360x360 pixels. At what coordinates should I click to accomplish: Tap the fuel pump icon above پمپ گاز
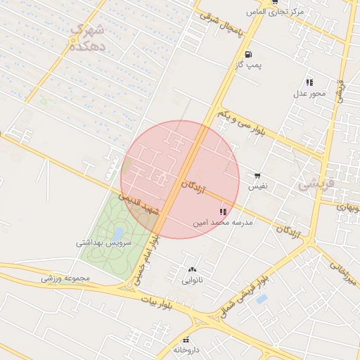tap(248, 54)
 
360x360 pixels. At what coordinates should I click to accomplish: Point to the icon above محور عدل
tap(309, 83)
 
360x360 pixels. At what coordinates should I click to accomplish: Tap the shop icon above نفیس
tap(258, 176)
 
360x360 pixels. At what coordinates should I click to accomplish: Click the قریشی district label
tap(314, 183)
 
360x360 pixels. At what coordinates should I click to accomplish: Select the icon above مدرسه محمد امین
tap(223, 212)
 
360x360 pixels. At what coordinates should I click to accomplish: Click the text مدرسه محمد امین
tap(224, 222)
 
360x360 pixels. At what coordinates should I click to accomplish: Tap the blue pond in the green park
tap(119, 232)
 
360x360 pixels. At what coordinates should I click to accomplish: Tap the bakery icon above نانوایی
tap(192, 269)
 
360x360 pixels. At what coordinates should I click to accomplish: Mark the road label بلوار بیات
tap(156, 301)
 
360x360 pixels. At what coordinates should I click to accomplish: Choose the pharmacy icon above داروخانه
tap(186, 340)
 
